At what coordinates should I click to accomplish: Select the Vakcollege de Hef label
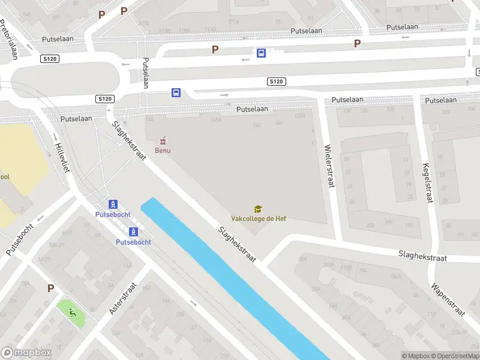pyautogui.click(x=259, y=218)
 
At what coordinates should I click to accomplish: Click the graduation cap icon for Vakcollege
pyautogui.click(x=258, y=209)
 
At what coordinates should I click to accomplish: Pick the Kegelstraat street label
pyautogui.click(x=427, y=183)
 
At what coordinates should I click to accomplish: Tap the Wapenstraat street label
pyautogui.click(x=448, y=296)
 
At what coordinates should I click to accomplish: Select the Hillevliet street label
pyautogui.click(x=62, y=157)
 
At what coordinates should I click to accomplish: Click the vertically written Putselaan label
pyautogui.click(x=145, y=73)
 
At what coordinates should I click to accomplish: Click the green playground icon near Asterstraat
pyautogui.click(x=72, y=311)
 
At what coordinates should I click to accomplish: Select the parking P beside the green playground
pyautogui.click(x=50, y=289)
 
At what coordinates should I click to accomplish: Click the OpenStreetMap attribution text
pyautogui.click(x=455, y=356)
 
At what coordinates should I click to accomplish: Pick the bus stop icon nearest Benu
pyautogui.click(x=176, y=92)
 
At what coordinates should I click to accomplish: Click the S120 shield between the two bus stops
pyautogui.click(x=277, y=81)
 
